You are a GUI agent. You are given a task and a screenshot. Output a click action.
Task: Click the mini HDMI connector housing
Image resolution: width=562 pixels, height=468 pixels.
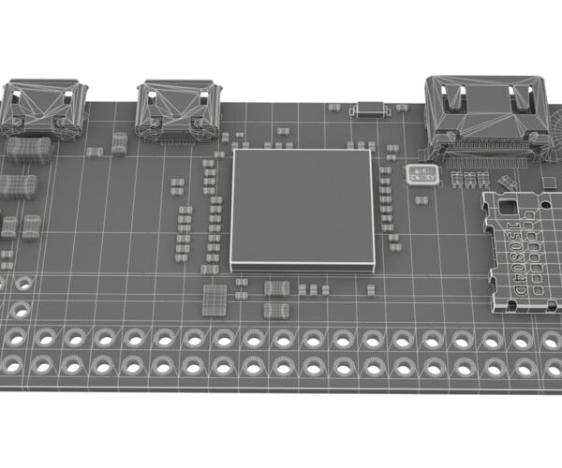(x=486, y=111)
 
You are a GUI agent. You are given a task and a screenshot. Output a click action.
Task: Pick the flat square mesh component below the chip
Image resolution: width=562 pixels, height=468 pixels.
(x=214, y=300)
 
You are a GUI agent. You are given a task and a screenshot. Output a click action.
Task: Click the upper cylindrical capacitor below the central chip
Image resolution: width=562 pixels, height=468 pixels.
(x=276, y=288)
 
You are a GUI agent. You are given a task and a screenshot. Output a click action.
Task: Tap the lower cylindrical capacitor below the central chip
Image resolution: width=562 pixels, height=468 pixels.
(x=275, y=309)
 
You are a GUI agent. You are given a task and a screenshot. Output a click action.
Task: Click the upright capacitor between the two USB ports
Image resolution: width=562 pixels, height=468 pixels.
(x=119, y=143)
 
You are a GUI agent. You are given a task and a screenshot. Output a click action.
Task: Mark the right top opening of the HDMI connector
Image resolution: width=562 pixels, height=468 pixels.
(x=518, y=95)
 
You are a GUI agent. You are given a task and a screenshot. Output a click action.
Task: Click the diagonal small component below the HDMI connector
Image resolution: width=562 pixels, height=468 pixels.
(x=507, y=183)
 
